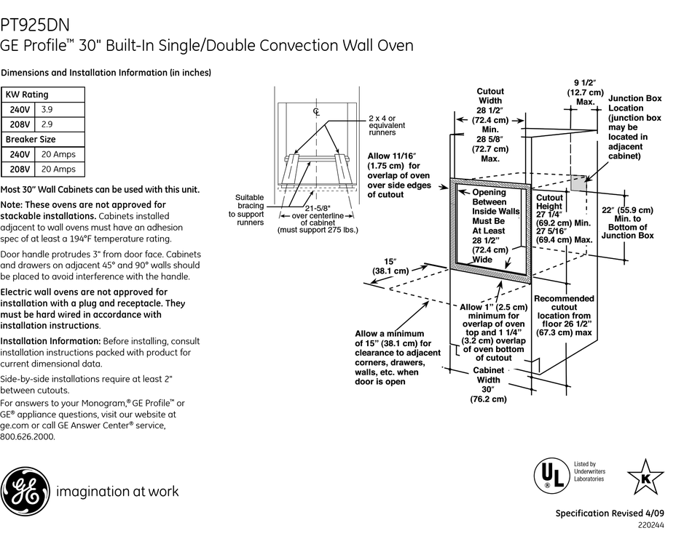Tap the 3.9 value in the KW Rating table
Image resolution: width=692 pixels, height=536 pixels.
point(47,110)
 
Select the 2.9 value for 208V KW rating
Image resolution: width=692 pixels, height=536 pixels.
point(47,124)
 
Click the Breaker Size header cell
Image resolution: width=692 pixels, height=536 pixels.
point(31,139)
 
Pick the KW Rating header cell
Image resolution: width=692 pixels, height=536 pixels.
point(27,95)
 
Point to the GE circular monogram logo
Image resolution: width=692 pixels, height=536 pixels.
point(24,491)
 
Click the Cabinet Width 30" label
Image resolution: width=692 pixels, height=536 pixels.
point(488,384)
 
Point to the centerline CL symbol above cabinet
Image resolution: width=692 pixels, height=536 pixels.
point(316,111)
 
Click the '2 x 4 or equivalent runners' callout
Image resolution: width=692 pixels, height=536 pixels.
point(387,125)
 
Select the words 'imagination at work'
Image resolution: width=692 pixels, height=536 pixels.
point(117,492)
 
